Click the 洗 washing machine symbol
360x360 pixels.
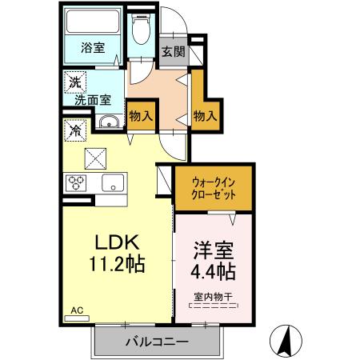tap(74, 82)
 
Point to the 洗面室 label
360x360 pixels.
tap(93, 101)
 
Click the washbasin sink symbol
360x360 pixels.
tap(109, 122)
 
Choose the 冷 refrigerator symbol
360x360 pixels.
tap(74, 128)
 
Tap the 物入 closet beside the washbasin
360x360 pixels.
tap(142, 115)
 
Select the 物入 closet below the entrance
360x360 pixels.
tap(206, 115)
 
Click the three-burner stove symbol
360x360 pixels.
tap(78, 181)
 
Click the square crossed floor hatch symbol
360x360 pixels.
tap(98, 157)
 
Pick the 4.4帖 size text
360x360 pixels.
tap(212, 271)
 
